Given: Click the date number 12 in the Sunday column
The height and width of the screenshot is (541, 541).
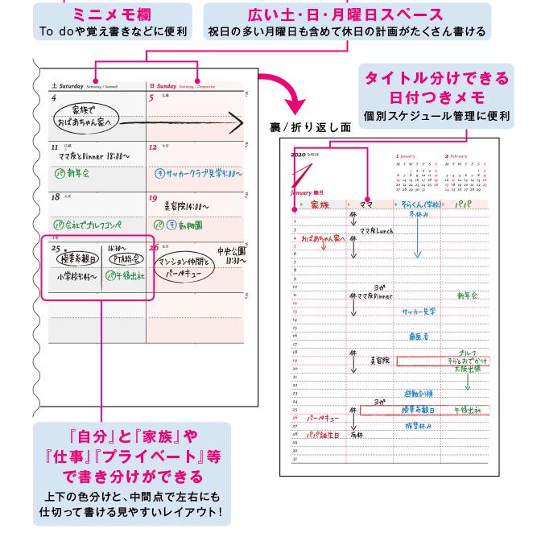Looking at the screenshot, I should point(153,148).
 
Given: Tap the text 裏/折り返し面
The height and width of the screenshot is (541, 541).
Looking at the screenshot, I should point(312,127).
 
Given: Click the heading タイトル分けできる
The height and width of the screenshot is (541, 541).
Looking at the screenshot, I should point(437,78).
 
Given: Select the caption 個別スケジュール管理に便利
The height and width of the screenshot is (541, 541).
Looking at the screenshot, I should point(436,116).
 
